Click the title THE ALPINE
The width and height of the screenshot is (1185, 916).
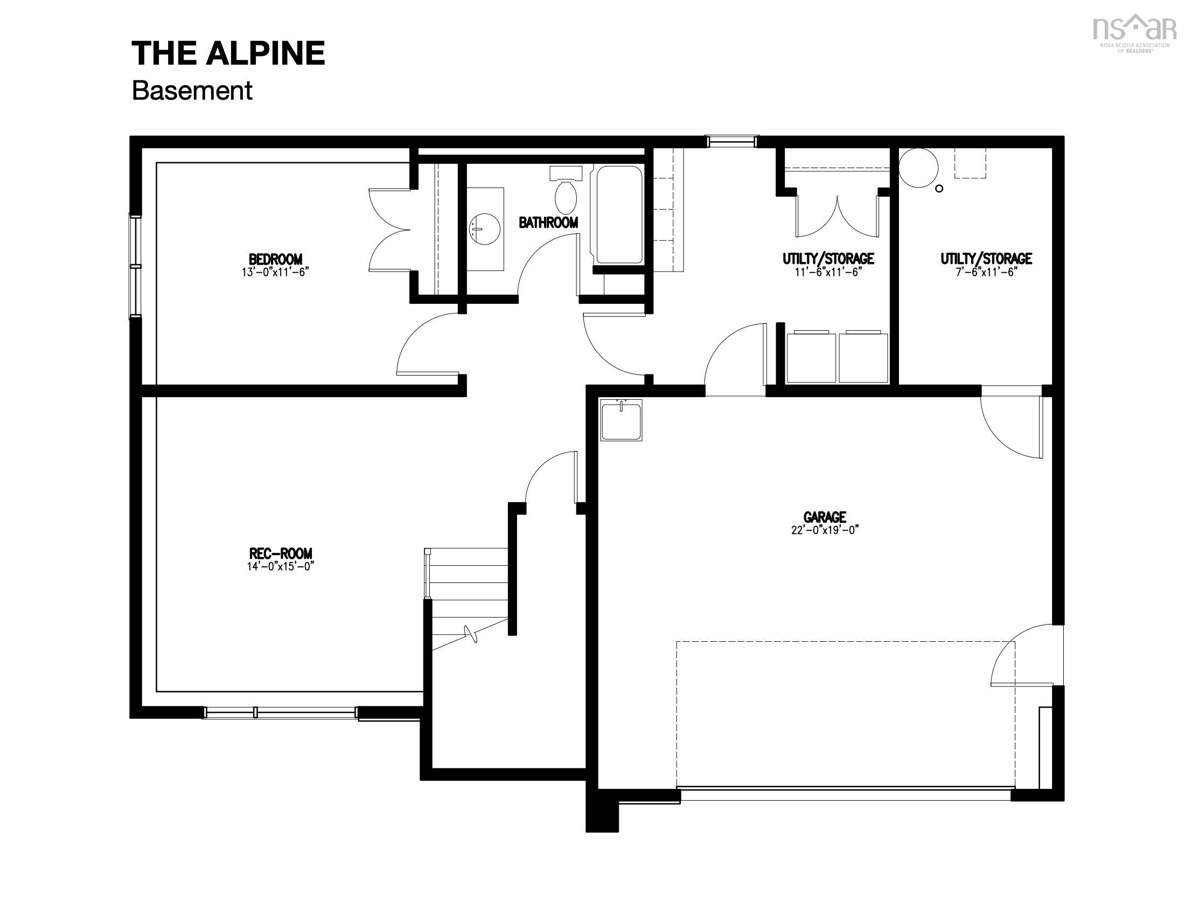tap(228, 53)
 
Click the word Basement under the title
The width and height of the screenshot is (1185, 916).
tap(192, 91)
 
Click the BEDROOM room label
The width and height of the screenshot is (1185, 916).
tap(275, 259)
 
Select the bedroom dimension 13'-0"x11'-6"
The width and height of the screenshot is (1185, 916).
tap(275, 272)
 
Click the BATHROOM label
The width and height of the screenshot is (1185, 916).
tap(548, 223)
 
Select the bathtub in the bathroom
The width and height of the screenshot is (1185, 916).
tap(619, 215)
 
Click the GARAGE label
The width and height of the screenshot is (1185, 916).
tap(825, 517)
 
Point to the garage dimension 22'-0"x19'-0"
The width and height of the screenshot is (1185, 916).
tap(825, 530)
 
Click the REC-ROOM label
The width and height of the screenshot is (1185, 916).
tap(281, 553)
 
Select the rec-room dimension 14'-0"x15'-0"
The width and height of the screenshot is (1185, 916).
tap(281, 566)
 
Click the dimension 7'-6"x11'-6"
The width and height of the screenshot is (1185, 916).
tap(986, 272)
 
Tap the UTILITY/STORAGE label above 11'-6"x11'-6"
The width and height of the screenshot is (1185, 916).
tap(828, 259)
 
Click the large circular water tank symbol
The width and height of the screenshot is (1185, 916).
tap(918, 168)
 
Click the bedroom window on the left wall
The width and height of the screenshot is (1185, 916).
tap(135, 266)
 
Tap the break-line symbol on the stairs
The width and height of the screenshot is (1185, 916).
tap(471, 634)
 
